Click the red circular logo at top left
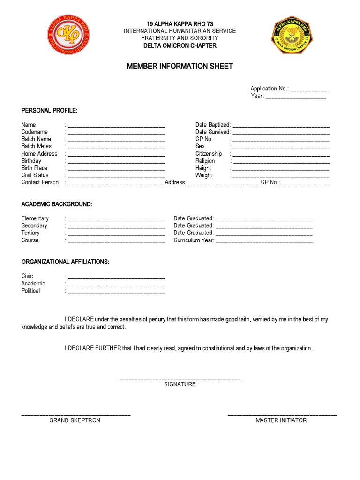tap(68, 34)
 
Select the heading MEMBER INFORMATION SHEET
tap(180, 66)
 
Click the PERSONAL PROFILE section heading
tap(49, 110)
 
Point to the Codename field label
tap(34, 132)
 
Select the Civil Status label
tap(35, 175)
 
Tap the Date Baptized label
tap(213, 125)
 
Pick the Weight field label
tap(203, 175)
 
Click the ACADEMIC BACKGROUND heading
tap(57, 204)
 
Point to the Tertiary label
tap(30, 232)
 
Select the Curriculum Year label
tap(194, 240)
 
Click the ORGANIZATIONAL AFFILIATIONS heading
tap(65, 262)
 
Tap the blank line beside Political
tap(116, 292)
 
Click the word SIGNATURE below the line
tap(180, 384)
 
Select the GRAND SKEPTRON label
tap(75, 420)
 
